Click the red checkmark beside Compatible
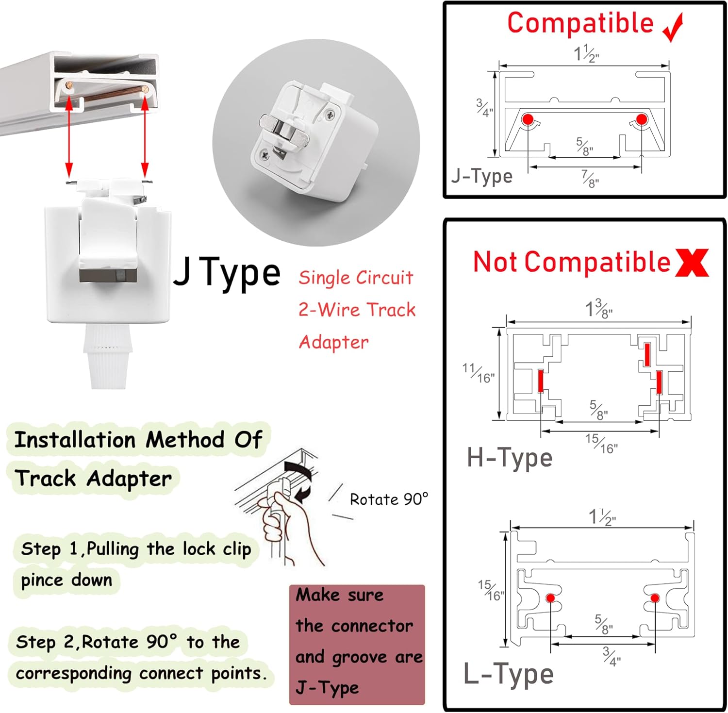coord(674,28)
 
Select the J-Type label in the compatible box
coord(481,176)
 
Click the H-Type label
coord(510,458)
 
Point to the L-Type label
coord(508,674)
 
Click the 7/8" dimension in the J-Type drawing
coord(590,179)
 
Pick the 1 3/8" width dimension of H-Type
coord(598,308)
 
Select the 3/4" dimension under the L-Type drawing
coord(612,656)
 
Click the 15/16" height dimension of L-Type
coord(491,590)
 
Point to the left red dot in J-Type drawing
coord(528,119)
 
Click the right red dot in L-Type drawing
coord(655,597)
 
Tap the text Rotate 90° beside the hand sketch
coord(389,499)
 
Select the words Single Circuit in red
coord(356,278)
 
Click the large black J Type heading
coord(227,273)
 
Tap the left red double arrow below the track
coord(69,136)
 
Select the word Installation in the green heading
coord(75,440)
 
